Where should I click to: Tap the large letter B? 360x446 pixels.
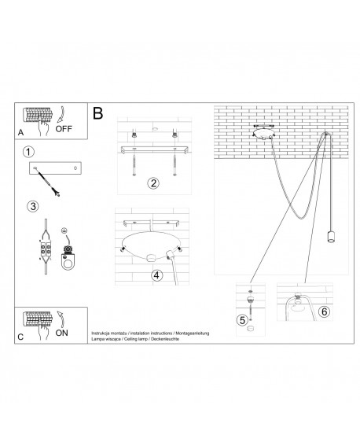pyautogui.click(x=98, y=113)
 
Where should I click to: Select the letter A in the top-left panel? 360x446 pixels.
pyautogui.click(x=21, y=133)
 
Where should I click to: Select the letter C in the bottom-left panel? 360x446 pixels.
pyautogui.click(x=20, y=337)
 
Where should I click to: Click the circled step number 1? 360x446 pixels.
pyautogui.click(x=28, y=151)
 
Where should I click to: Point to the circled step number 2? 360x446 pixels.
pyautogui.click(x=154, y=183)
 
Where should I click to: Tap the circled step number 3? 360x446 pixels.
pyautogui.click(x=32, y=207)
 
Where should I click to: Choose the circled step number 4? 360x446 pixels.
pyautogui.click(x=156, y=275)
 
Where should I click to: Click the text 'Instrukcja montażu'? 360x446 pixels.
pyautogui.click(x=111, y=334)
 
